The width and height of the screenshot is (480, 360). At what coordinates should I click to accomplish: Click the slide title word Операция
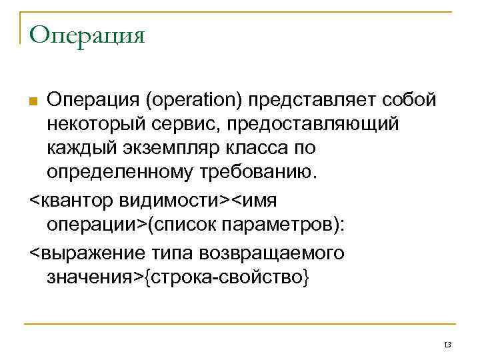(87, 34)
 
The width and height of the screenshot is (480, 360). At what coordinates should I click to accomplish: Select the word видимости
(175, 201)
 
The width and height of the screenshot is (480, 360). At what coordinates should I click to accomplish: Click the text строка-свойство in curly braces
(227, 277)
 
